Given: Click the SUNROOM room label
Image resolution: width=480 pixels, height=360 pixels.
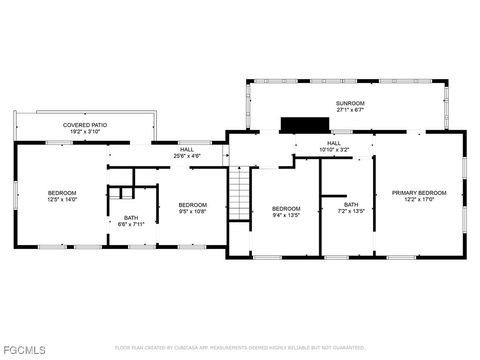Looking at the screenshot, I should (x=349, y=103).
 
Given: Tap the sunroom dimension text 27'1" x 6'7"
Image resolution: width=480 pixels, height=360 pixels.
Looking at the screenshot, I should (x=349, y=110).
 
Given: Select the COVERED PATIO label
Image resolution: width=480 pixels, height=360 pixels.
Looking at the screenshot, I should (x=85, y=125).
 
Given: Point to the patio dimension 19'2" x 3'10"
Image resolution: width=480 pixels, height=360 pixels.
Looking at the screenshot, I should (x=85, y=132).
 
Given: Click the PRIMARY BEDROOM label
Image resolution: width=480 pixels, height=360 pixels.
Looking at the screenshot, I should (x=418, y=192).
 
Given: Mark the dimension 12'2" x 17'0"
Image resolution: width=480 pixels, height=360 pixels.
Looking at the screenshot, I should (x=418, y=199).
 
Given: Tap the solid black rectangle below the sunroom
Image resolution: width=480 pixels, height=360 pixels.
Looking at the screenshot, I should (x=304, y=124).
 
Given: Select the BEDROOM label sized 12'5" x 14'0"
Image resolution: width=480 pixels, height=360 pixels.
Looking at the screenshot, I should (x=62, y=192).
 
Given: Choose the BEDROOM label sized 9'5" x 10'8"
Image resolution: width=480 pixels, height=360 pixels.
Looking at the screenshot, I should (x=192, y=205).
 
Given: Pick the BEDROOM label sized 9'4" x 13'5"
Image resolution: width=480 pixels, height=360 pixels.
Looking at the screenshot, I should (x=286, y=208).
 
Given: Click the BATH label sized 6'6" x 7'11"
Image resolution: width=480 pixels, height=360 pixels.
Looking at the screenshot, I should (x=132, y=218).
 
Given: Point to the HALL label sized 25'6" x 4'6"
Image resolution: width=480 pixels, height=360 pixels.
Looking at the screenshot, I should (x=187, y=148).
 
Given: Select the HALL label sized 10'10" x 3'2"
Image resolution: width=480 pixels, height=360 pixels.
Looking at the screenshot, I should (x=333, y=143).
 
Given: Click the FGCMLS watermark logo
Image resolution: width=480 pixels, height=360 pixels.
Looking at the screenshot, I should (x=24, y=350).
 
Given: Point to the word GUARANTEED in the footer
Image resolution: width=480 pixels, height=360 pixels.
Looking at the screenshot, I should (x=344, y=348).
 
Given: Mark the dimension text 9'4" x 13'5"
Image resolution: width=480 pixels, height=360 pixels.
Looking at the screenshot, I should (x=286, y=215).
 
